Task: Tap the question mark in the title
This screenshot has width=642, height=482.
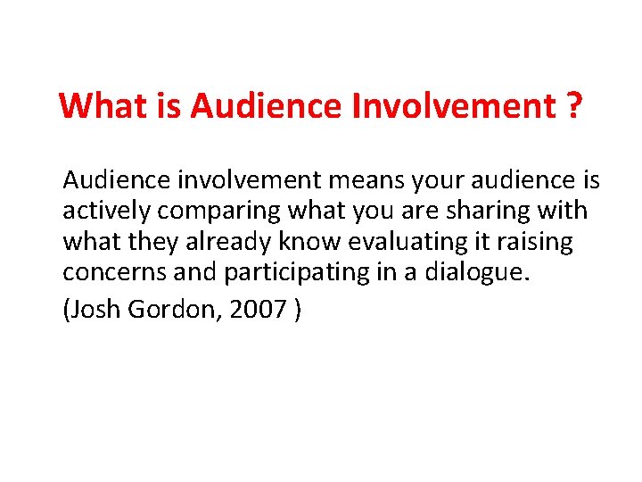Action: click(x=572, y=106)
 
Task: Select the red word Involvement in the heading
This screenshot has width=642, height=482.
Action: click(x=451, y=106)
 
